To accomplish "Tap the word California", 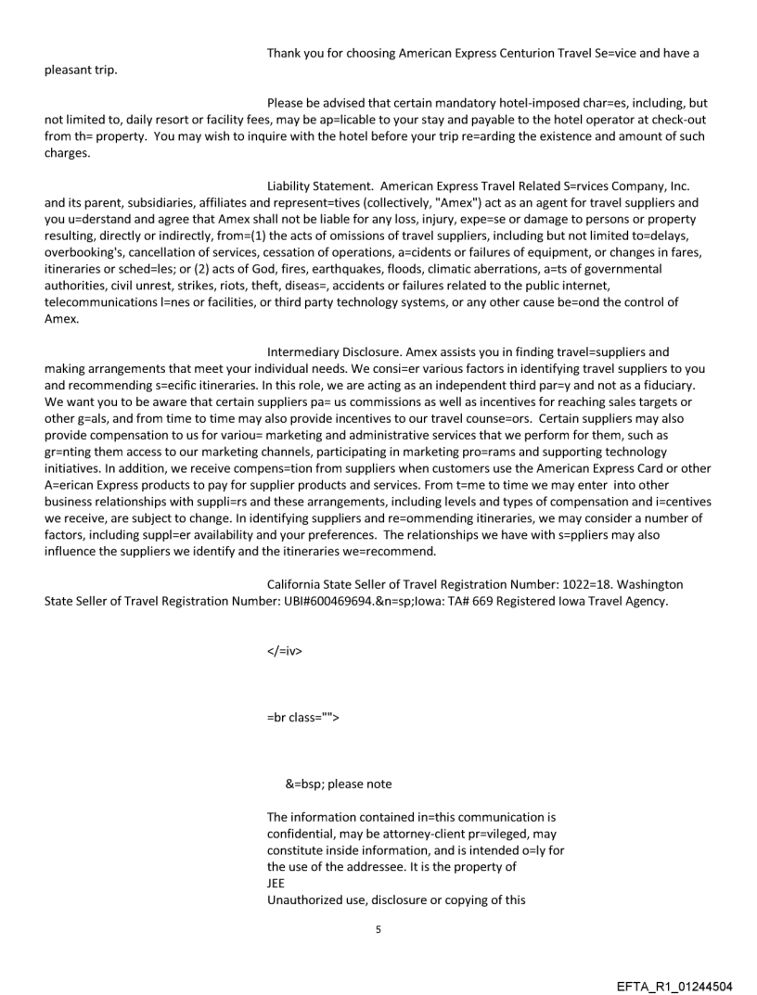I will coord(297,584).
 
